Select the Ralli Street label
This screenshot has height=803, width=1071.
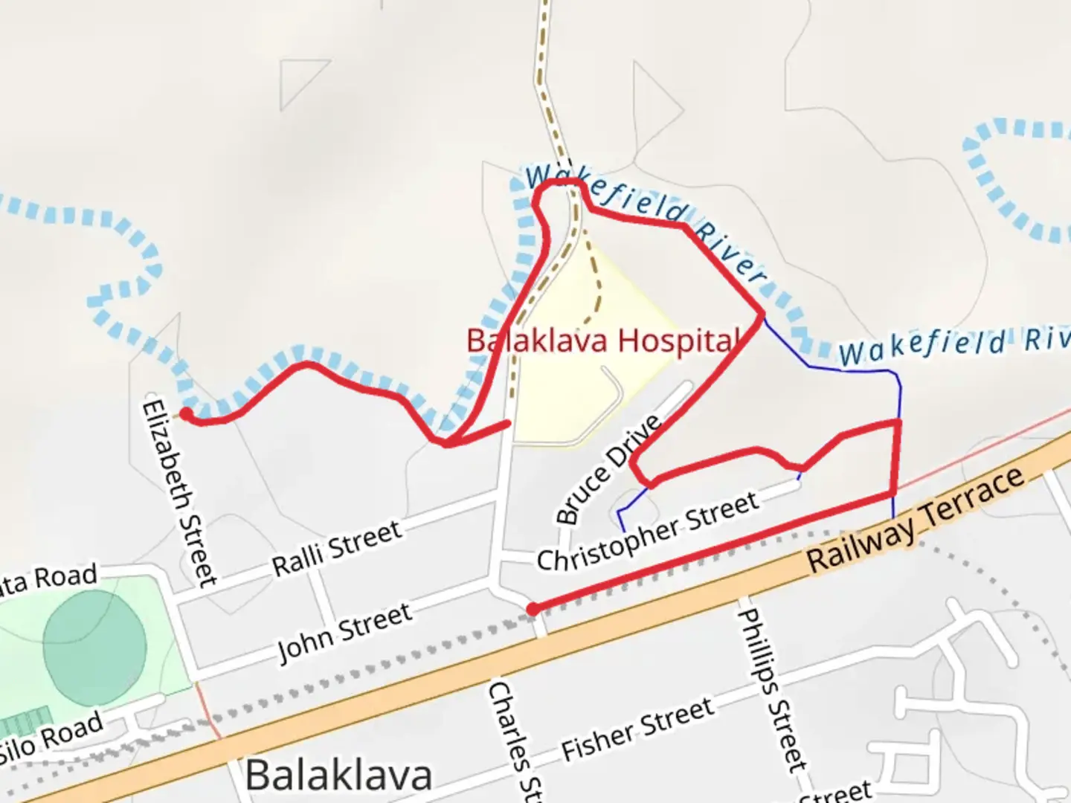(x=337, y=548)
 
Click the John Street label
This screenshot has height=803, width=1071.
(x=344, y=633)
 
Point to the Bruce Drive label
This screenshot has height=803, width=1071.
(x=608, y=469)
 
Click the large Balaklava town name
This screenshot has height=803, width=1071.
(x=338, y=775)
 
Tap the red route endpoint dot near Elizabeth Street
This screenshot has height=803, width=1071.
(x=186, y=413)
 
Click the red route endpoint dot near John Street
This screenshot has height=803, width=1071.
(x=533, y=610)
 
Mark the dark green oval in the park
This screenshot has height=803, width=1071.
(x=94, y=644)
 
